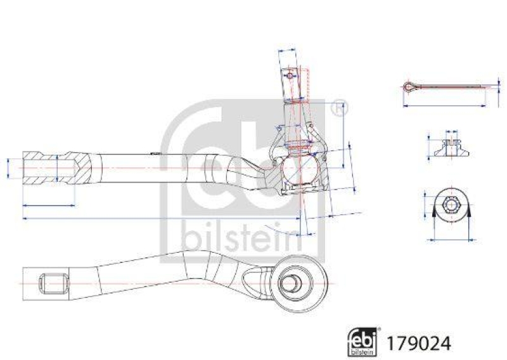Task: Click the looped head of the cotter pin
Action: point(409,87)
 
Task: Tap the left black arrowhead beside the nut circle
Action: point(433,214)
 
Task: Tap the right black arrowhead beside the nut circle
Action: point(469,214)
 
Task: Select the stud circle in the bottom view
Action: point(295,280)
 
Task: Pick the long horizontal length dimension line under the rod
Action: point(158,217)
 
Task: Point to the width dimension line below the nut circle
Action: point(451,240)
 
